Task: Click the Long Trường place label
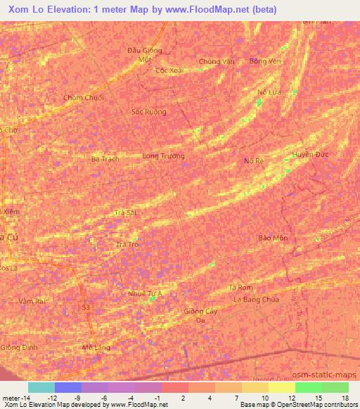[163, 156]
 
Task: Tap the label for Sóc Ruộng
[150, 112]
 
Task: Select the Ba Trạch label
[105, 159]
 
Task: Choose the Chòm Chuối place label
[83, 98]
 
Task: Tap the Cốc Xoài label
[169, 70]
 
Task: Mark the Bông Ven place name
[265, 61]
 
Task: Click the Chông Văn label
[216, 62]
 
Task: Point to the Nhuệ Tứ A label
[146, 293]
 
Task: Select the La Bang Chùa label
[257, 299]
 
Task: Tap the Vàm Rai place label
[32, 301]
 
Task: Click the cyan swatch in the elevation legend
[41, 387]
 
